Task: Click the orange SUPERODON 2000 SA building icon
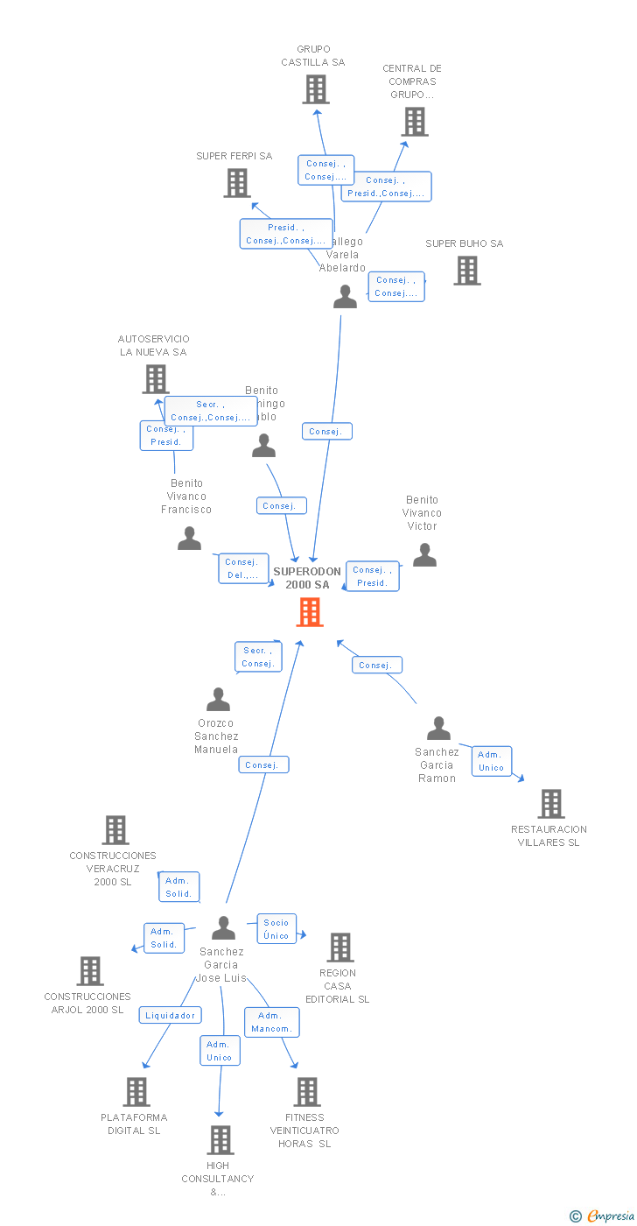tap(310, 612)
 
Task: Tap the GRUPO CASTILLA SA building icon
tap(316, 89)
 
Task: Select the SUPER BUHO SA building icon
tap(467, 271)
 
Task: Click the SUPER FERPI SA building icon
tap(237, 183)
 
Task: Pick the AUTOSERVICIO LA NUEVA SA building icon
tap(156, 379)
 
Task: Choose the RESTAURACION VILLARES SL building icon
tap(551, 804)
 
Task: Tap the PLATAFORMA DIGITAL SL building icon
tap(136, 1092)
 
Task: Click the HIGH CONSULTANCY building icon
tap(220, 1140)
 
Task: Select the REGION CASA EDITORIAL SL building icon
tap(340, 948)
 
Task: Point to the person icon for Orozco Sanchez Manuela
tap(218, 700)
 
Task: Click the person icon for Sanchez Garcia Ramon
tap(438, 729)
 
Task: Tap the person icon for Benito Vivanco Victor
tap(424, 555)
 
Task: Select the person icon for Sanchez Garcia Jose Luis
tap(224, 928)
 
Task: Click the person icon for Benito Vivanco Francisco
tap(189, 539)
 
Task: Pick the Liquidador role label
tap(170, 1015)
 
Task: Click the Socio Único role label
tap(276, 929)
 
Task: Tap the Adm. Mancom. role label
tap(272, 1022)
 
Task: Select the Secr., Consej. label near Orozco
tap(258, 657)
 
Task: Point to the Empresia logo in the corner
tap(604, 1215)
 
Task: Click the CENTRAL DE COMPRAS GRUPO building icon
tap(415, 122)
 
